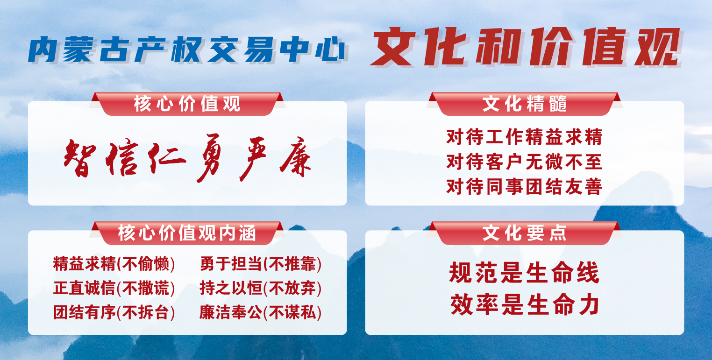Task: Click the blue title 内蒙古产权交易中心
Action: [x=187, y=49]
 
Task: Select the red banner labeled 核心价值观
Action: [x=187, y=104]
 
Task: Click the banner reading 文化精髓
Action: [x=525, y=104]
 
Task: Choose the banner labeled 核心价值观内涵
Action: [x=187, y=233]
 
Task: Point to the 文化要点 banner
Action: [x=525, y=233]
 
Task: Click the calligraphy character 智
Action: [x=80, y=158]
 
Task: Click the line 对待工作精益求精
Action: [x=525, y=137]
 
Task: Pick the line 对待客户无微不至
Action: [x=525, y=162]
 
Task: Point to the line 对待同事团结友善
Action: [x=525, y=186]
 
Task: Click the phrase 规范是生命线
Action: [x=525, y=272]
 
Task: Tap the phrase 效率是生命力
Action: [x=525, y=304]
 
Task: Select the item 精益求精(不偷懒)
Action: [x=114, y=264]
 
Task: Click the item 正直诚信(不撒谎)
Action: [x=114, y=288]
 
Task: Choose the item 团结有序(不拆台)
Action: [x=114, y=312]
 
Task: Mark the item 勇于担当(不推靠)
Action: [x=261, y=264]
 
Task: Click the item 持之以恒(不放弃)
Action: [x=261, y=288]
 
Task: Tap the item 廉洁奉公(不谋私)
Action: [x=261, y=312]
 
